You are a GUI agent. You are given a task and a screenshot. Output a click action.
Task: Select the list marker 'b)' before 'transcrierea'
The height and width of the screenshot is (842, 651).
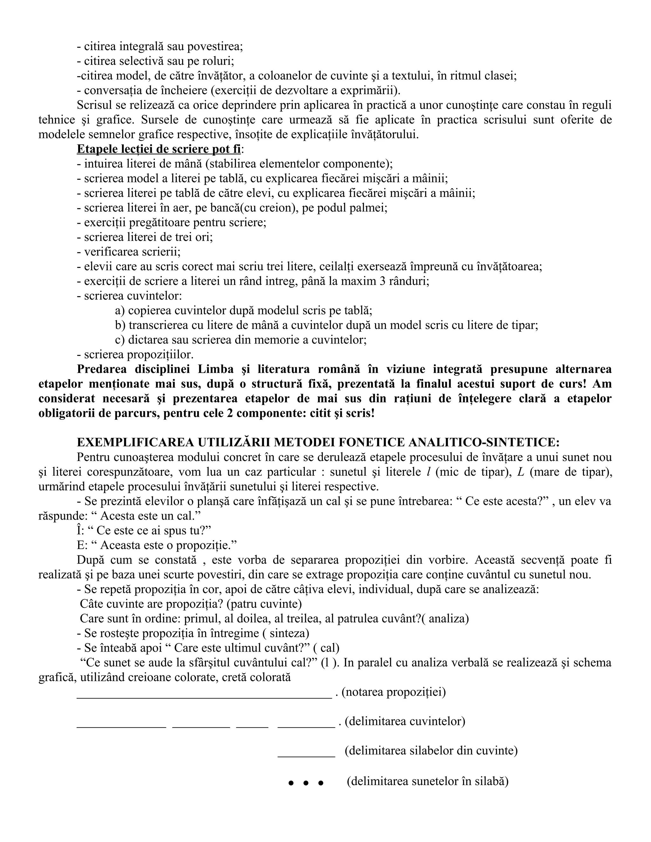pyautogui.click(x=120, y=325)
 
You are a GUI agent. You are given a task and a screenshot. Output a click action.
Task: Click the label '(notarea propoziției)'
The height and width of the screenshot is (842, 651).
pyautogui.click(x=394, y=692)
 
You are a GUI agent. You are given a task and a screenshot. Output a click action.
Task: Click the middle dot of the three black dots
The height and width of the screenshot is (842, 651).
pyautogui.click(x=306, y=783)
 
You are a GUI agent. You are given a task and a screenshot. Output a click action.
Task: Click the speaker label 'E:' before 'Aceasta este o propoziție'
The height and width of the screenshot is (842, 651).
pyautogui.click(x=81, y=545)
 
